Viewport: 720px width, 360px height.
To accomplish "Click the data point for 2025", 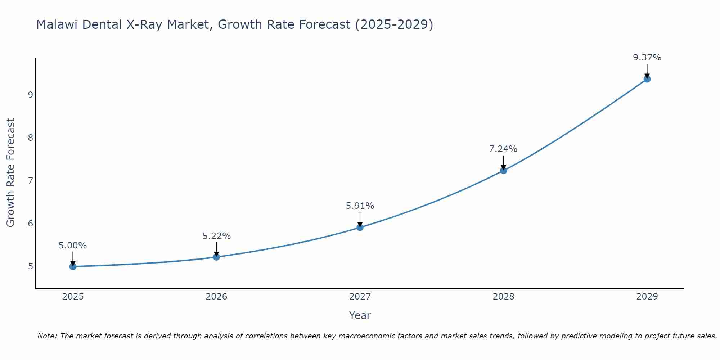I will [x=73, y=266].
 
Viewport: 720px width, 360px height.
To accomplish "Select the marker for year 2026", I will [x=216, y=257].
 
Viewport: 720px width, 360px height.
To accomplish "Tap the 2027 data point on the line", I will [x=360, y=227].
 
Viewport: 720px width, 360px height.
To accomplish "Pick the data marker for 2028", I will [x=503, y=170].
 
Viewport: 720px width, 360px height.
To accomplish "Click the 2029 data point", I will [x=647, y=79].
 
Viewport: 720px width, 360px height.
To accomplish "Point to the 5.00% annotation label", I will [x=73, y=246].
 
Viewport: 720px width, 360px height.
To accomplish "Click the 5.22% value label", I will [x=216, y=236].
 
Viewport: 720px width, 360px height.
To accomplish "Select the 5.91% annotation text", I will [x=360, y=206].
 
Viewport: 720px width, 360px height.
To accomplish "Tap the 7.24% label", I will [x=503, y=149].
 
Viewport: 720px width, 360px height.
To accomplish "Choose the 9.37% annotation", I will [x=647, y=58].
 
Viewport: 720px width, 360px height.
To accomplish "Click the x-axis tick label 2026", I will [x=216, y=297].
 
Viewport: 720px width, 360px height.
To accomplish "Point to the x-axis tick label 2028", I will [x=503, y=297].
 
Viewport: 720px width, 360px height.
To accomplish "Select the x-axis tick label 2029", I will [x=647, y=297].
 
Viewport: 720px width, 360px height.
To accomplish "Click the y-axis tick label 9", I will [x=30, y=95].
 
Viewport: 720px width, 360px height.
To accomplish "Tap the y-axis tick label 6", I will [x=30, y=223].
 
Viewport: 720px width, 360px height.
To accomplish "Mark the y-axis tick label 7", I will [x=30, y=180].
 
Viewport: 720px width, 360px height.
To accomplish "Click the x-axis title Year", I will [x=360, y=315].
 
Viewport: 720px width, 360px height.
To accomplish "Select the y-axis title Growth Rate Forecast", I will [x=11, y=173].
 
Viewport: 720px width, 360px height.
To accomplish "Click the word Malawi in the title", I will [x=57, y=24].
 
